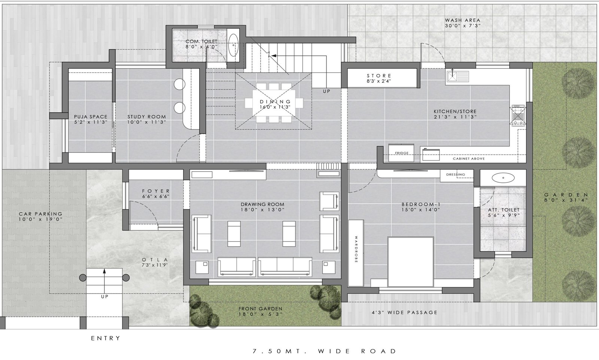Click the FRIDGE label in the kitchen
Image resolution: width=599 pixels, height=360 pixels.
coord(402,153)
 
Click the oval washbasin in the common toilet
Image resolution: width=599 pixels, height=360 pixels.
coord(234,45)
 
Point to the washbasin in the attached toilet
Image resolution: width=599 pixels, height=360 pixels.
coord(503,178)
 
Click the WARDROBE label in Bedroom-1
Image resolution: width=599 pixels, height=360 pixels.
coord(356,249)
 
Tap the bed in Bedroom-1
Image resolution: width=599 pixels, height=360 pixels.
coord(410,262)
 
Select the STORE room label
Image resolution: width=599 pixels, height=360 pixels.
coord(379,76)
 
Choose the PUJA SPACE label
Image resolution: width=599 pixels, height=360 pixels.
coord(91,117)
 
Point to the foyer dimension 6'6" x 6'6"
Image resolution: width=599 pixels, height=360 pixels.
coord(156,196)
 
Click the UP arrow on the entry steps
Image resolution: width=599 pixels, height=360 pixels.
coord(104,281)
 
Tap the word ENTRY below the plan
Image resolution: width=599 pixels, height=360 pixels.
coord(106,338)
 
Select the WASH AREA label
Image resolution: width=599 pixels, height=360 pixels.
coord(463,20)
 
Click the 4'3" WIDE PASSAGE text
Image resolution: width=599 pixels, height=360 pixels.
coord(404,312)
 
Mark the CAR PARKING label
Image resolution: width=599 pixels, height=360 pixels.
coord(40,214)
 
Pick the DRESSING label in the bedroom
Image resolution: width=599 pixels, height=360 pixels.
coord(456,175)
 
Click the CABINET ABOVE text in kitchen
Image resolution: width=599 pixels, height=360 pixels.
coord(469,159)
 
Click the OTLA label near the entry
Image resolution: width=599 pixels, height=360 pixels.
coord(155,260)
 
